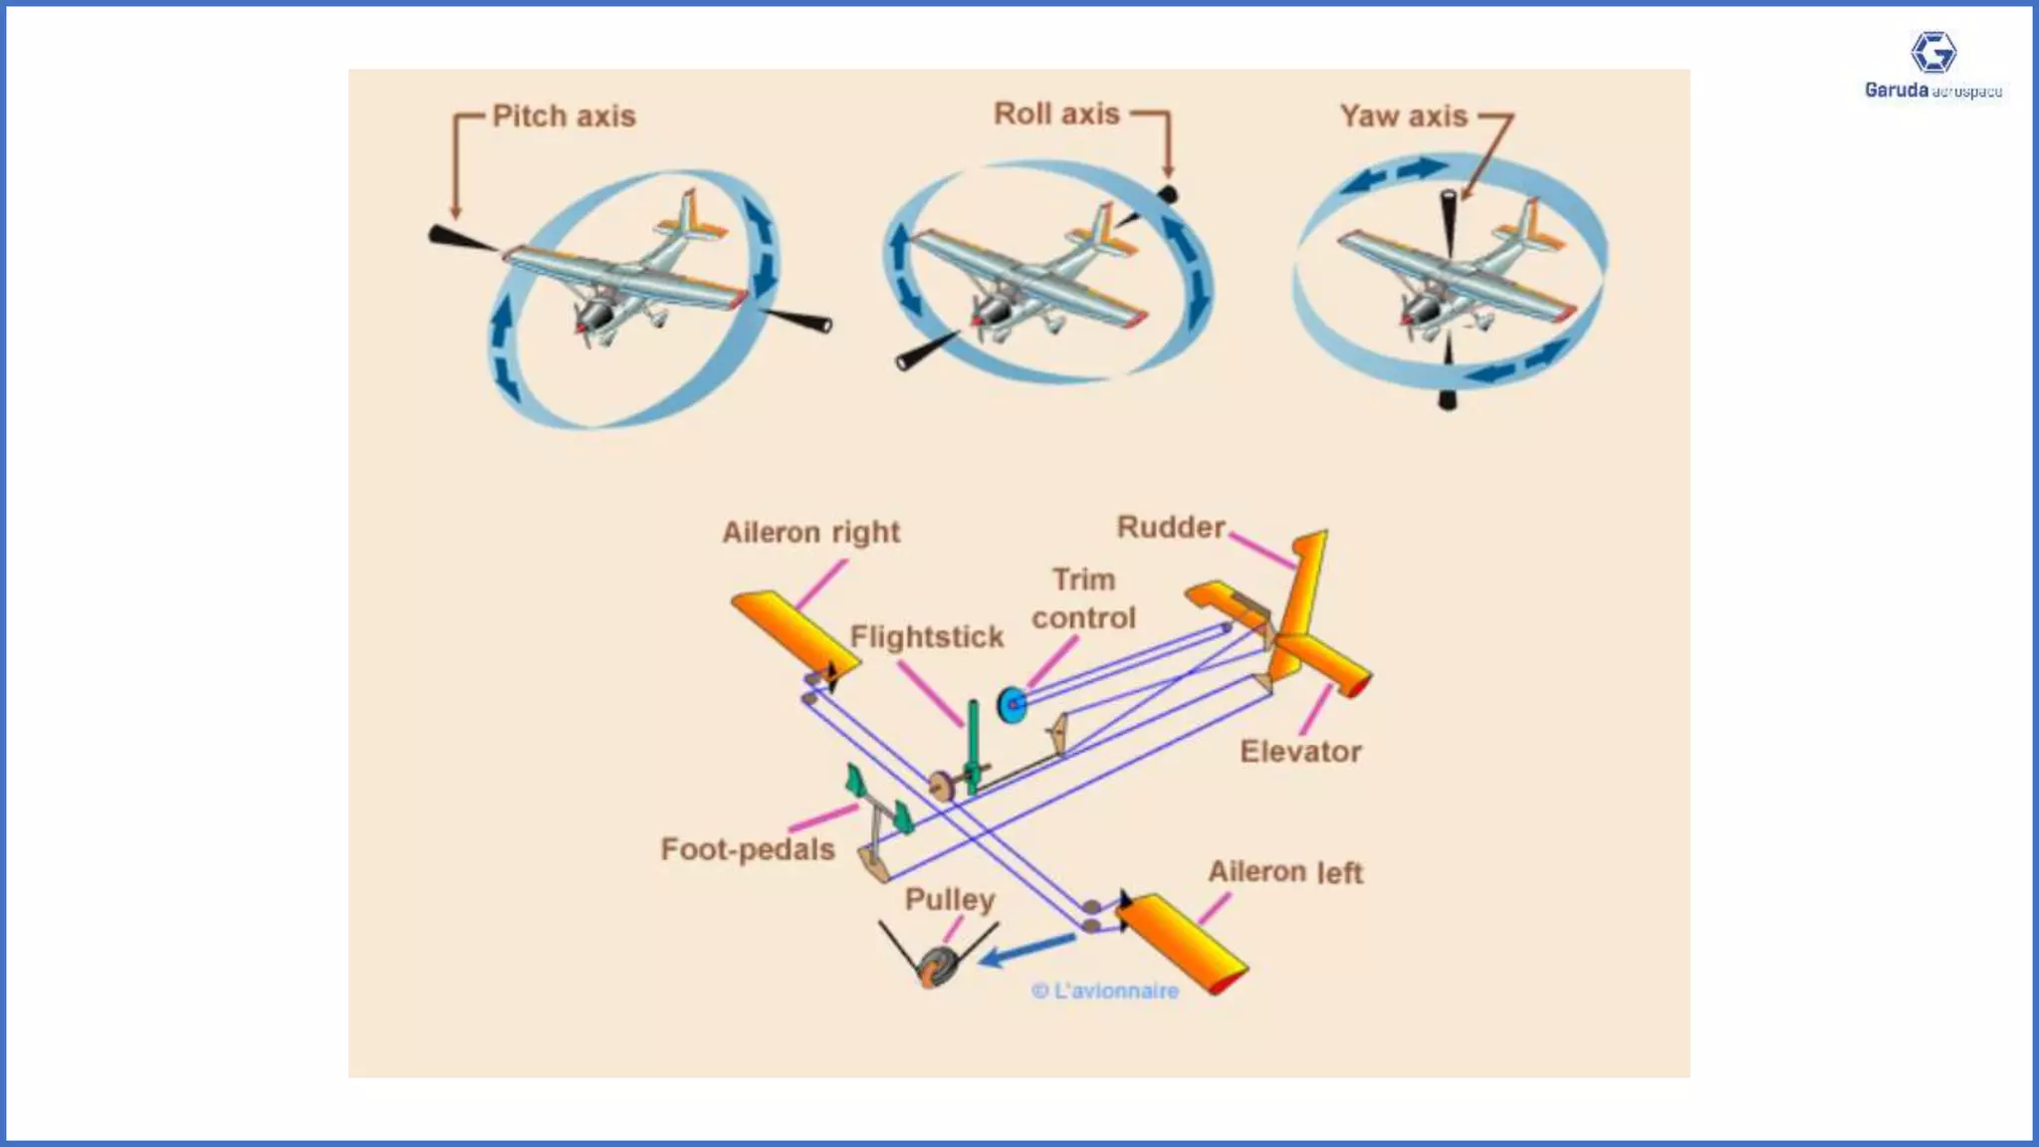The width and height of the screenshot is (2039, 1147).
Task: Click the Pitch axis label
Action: (x=564, y=116)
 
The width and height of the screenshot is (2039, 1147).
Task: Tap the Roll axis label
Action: (x=1056, y=115)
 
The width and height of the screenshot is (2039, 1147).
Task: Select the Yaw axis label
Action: (x=1403, y=116)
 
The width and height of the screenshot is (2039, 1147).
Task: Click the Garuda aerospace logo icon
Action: (x=1932, y=53)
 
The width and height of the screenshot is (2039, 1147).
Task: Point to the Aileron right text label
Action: (x=810, y=533)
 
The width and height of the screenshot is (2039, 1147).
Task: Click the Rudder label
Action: (x=1171, y=528)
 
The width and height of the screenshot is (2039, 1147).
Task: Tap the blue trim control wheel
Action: (x=1012, y=705)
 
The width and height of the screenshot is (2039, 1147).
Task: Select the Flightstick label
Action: (x=927, y=637)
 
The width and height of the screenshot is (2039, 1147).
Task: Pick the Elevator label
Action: (x=1300, y=752)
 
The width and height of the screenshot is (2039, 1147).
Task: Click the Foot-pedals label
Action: (x=748, y=849)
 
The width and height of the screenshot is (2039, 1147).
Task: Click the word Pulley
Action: (x=949, y=899)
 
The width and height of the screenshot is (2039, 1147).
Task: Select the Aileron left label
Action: (x=1285, y=872)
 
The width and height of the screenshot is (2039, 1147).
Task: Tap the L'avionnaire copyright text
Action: (x=1105, y=991)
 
